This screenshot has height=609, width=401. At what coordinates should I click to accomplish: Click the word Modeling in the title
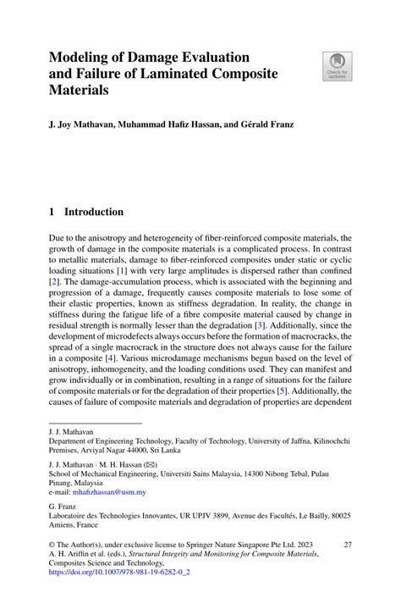[x=83, y=57]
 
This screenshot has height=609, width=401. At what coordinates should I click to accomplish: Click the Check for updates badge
[x=338, y=66]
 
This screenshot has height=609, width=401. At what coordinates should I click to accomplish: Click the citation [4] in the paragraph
[x=108, y=358]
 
